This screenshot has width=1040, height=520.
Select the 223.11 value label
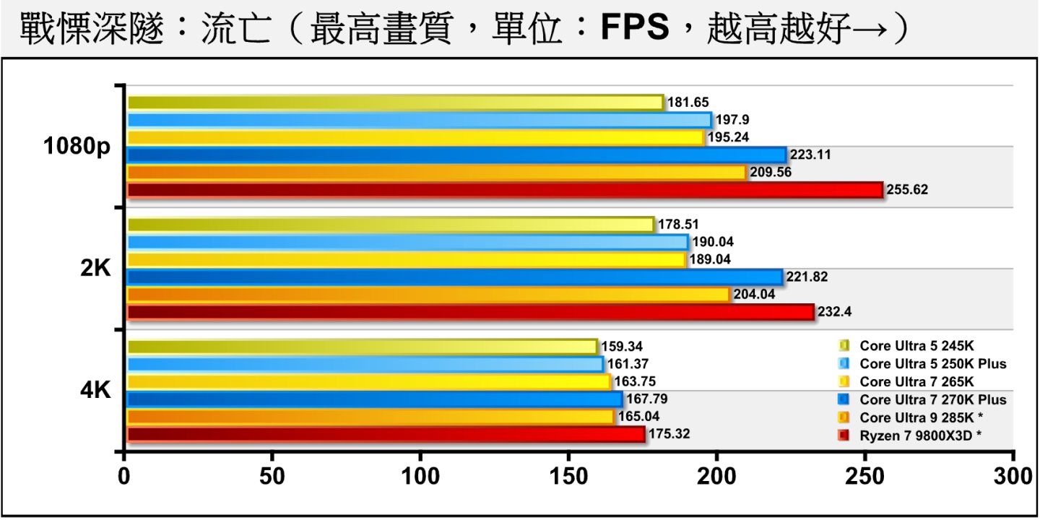(x=810, y=155)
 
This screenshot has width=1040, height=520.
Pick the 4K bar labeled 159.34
(x=361, y=347)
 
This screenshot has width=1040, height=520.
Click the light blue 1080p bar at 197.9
(x=419, y=120)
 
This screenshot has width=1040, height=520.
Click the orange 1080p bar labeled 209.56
(x=436, y=173)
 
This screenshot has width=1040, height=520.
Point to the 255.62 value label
(x=908, y=191)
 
